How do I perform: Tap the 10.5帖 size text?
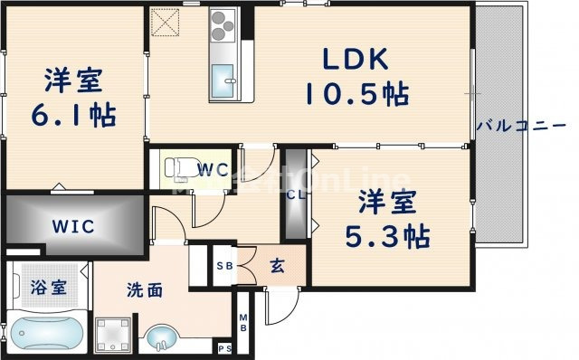(356, 92)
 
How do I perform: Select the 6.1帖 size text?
(75, 116)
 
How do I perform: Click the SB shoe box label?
(223, 266)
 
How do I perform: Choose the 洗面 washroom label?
(144, 291)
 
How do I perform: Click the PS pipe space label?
(225, 348)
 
